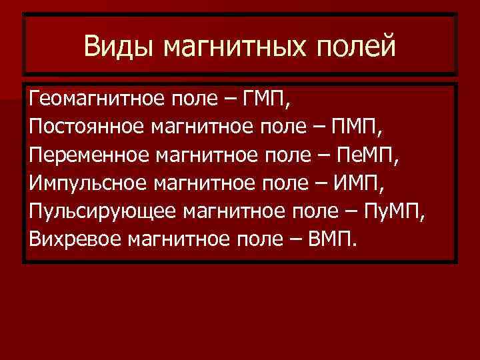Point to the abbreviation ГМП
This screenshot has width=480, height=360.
point(266,100)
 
